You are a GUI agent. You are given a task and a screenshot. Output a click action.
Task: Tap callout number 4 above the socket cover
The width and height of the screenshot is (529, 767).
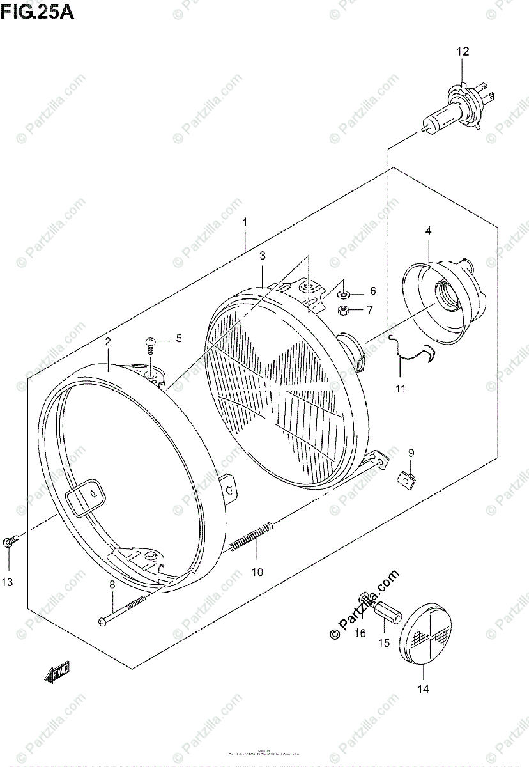pos(428,231)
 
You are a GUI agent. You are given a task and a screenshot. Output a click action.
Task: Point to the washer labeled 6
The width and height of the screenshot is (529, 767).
pos(342,294)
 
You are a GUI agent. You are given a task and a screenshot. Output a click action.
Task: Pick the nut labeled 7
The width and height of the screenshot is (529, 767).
pos(342,311)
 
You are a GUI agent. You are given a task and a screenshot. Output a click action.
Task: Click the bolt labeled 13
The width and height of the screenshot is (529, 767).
pos(9,542)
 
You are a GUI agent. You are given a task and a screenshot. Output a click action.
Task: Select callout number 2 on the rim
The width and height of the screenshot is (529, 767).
pos(108,342)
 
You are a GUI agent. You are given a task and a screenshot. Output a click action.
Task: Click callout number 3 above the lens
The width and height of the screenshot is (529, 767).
pos(262,256)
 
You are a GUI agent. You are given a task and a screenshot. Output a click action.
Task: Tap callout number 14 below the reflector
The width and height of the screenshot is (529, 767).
pos(424,688)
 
